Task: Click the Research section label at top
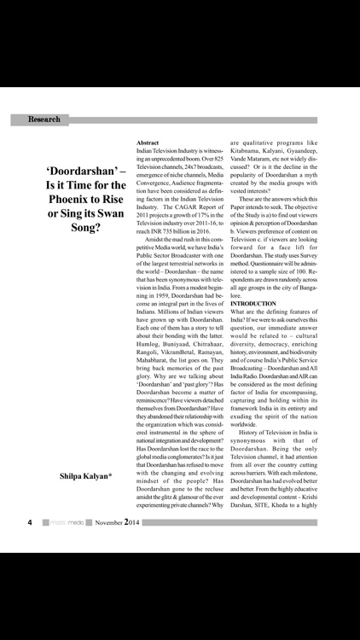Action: (44, 119)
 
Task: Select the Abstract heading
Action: (149, 142)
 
